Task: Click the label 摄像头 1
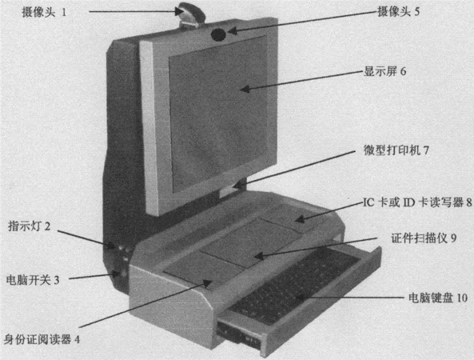click(44, 12)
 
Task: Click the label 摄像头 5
click(398, 12)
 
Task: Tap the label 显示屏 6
click(384, 71)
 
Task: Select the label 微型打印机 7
click(396, 150)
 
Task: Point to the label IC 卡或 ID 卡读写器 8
click(417, 202)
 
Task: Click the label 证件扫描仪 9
click(424, 238)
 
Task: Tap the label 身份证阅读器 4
click(42, 339)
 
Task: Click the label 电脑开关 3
click(33, 280)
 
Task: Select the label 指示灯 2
click(29, 226)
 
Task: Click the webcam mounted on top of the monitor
click(191, 14)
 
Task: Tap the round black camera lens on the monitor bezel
click(218, 34)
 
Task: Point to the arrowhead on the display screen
click(245, 89)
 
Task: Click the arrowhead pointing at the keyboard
click(299, 298)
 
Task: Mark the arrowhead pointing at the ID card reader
click(207, 284)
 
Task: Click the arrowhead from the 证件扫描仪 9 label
click(259, 256)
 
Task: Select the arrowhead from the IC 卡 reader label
click(299, 218)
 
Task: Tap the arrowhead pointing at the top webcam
click(180, 11)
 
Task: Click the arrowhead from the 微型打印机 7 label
click(238, 185)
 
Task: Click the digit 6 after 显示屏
click(403, 71)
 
